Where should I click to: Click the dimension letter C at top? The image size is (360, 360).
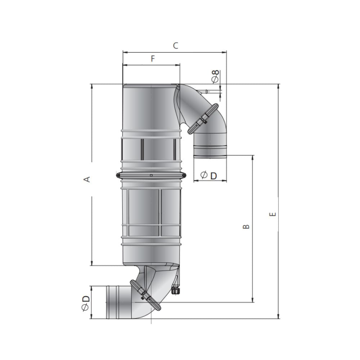(x=175, y=46)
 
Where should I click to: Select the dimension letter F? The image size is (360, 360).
(x=153, y=59)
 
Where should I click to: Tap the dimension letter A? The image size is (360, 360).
(x=87, y=179)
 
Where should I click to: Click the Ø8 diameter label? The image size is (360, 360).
(x=216, y=77)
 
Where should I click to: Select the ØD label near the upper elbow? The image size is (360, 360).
(x=208, y=176)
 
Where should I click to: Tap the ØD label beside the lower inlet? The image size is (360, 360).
(x=86, y=302)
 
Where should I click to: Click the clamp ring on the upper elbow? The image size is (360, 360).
(x=203, y=118)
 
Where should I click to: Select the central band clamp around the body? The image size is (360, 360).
(x=151, y=176)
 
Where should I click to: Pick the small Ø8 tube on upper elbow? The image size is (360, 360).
(x=206, y=91)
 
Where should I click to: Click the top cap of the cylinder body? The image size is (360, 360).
(x=149, y=86)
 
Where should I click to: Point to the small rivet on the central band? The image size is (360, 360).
(x=152, y=175)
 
